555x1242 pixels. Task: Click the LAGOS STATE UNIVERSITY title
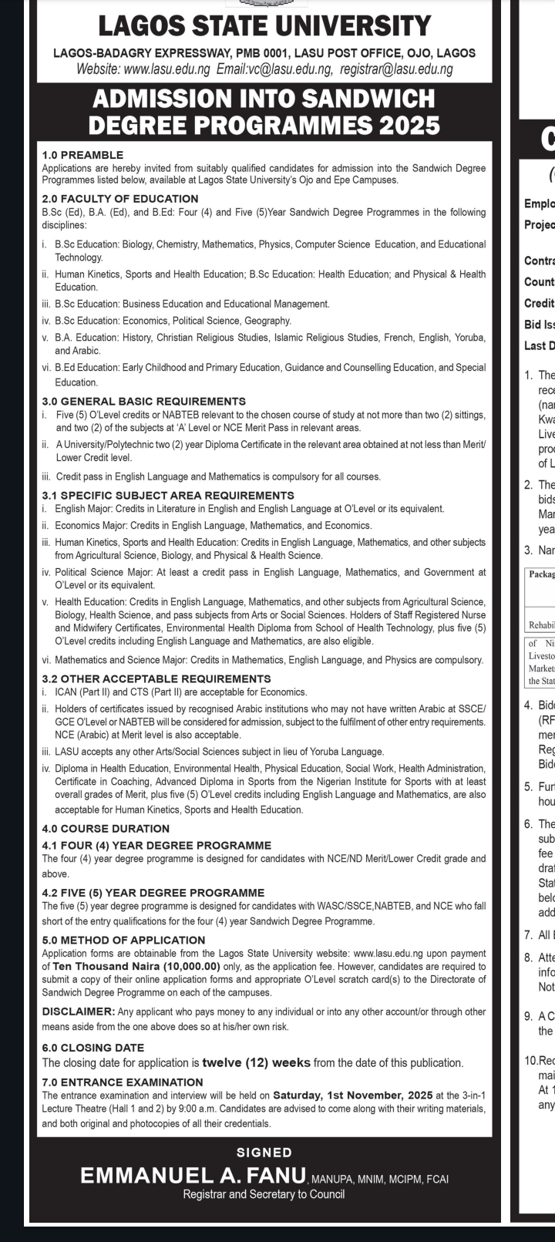point(264,26)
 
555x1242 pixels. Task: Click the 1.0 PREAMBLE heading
point(82,155)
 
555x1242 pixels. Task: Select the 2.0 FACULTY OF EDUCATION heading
point(119,199)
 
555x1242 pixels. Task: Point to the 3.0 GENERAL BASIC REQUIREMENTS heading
point(143,401)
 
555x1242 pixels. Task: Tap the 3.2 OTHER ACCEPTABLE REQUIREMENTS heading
point(156,678)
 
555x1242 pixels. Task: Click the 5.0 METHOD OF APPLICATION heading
point(123,940)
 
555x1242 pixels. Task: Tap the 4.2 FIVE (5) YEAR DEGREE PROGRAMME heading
point(153,892)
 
